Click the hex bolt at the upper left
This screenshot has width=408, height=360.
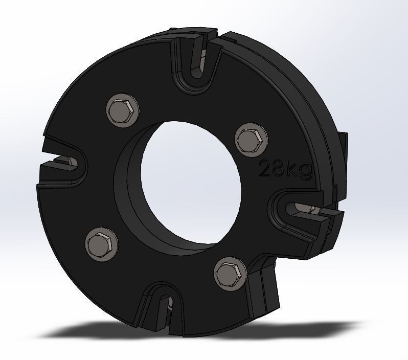pyautogui.click(x=123, y=109)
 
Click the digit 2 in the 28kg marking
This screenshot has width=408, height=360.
pyautogui.click(x=266, y=168)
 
